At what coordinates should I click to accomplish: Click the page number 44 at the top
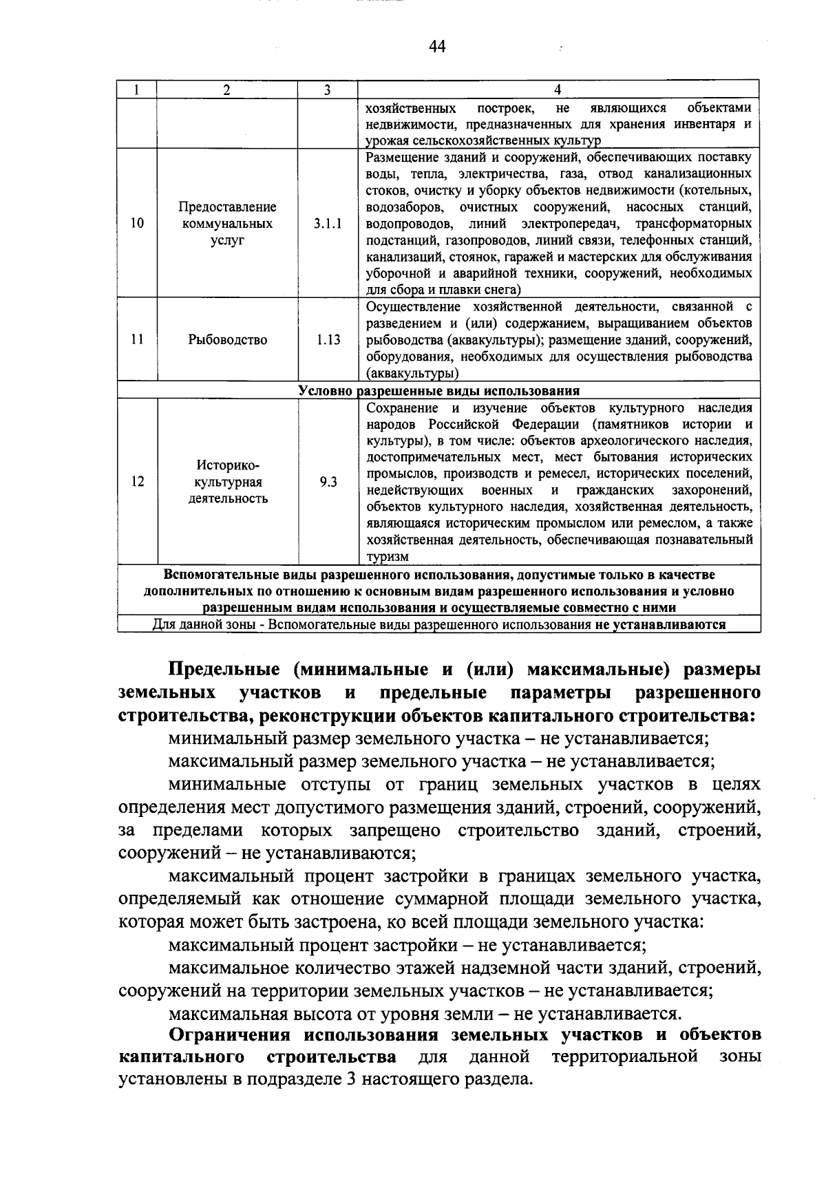[437, 46]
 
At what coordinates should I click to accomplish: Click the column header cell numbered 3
[328, 90]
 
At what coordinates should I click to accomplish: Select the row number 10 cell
[137, 223]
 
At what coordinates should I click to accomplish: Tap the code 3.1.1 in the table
[328, 223]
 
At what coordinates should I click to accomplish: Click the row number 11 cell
[137, 339]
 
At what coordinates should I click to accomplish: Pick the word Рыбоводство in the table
[228, 339]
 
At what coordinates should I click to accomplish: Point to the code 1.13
[328, 339]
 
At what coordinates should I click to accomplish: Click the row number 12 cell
[137, 481]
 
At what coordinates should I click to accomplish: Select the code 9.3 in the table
[328, 481]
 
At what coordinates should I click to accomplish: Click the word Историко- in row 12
[228, 465]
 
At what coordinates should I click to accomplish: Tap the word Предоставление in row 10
[228, 206]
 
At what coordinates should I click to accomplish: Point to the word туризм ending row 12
[388, 557]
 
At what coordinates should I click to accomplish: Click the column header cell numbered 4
[558, 90]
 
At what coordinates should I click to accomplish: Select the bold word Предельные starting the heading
[224, 669]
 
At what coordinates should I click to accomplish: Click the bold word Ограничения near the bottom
[234, 1035]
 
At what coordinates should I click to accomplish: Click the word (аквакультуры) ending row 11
[412, 374]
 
